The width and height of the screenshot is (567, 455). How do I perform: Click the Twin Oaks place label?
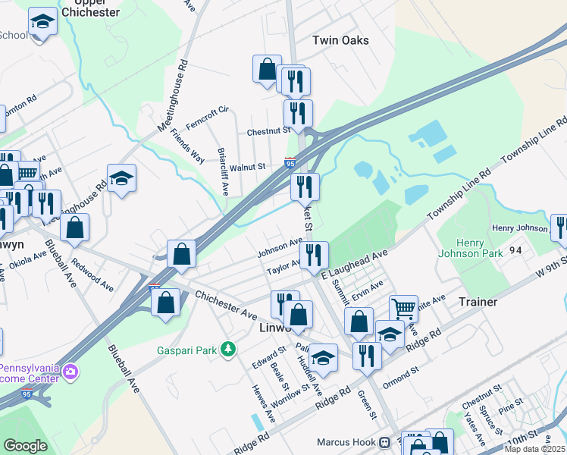coord(340,39)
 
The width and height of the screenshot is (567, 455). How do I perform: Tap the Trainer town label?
coord(478,302)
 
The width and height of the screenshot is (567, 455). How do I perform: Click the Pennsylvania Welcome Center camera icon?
coord(70,371)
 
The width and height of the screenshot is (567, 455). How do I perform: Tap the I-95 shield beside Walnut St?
coord(290,162)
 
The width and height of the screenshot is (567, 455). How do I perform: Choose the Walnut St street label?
coord(248,167)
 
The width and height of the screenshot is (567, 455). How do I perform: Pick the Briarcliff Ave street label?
coord(223,171)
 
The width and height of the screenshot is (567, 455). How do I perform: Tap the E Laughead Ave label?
coord(354,264)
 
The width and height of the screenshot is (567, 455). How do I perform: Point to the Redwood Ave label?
coord(92,277)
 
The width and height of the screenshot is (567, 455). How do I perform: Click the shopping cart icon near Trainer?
coord(403,308)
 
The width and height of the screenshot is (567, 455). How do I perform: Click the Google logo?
coord(25,446)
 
